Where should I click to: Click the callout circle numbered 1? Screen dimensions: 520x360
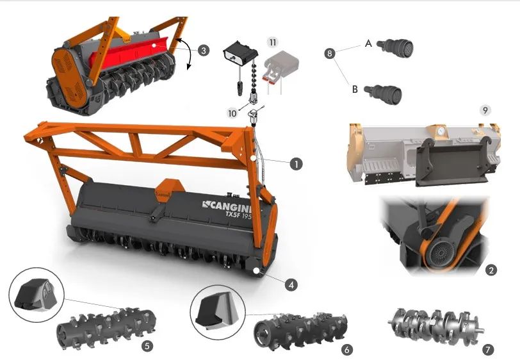point(296,164)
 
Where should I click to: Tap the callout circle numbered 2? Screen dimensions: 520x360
point(491,270)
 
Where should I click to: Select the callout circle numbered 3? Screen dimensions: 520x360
point(203,51)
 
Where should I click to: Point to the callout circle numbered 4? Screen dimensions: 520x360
point(291,284)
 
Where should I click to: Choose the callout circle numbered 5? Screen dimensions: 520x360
point(147,346)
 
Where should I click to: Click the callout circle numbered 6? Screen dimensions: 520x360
point(347,349)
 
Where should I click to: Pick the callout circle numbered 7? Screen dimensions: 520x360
point(487,349)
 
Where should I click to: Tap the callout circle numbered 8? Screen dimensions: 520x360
point(330,53)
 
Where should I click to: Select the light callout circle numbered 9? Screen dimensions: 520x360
point(485,110)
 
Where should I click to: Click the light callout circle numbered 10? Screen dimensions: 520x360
point(232,113)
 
